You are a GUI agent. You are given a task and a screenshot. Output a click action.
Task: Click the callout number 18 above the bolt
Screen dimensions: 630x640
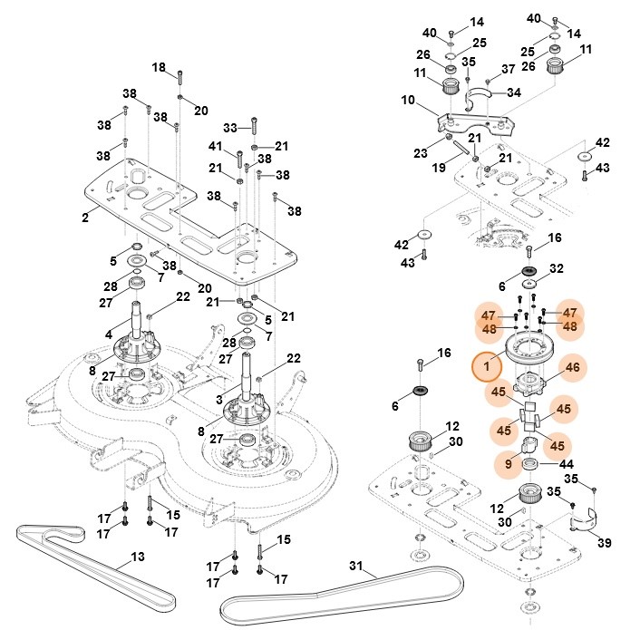159,67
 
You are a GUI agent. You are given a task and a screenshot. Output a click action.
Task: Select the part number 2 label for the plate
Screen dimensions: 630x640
84,217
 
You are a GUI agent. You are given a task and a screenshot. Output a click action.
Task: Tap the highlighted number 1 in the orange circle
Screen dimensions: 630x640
487,367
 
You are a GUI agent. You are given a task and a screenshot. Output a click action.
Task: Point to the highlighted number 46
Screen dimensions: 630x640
572,367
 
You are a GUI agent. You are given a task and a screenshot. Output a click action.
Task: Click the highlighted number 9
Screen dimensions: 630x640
509,463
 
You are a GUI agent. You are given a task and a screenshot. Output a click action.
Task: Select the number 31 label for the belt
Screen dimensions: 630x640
356,568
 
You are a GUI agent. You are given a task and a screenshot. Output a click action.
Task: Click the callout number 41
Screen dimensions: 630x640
215,146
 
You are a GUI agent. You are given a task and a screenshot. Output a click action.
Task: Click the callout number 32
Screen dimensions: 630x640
557,268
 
